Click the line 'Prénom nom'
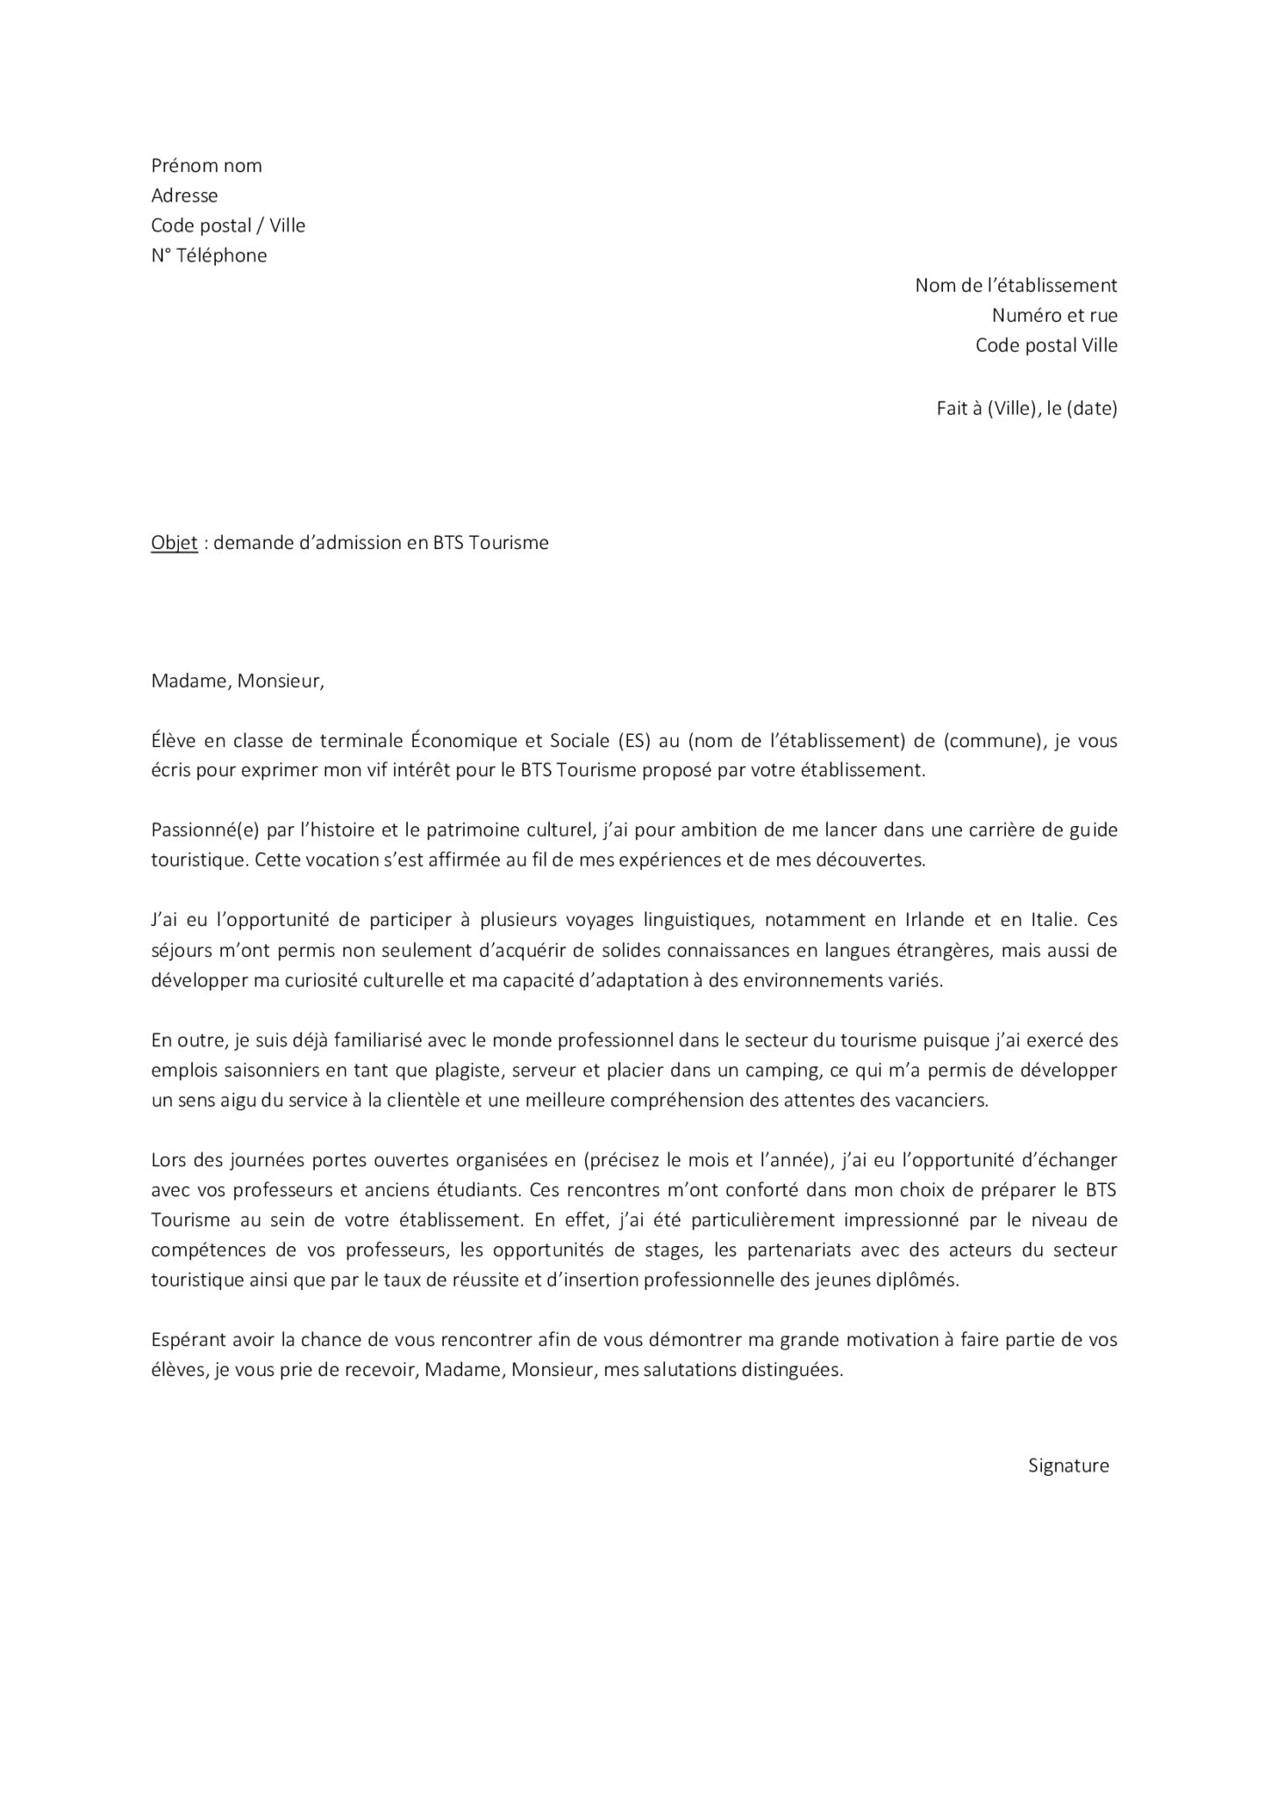[206, 166]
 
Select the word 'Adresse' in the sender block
[184, 196]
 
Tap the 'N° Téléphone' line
[209, 255]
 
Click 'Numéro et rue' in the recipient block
[1054, 315]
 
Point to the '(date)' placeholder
[1091, 408]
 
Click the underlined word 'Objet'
[174, 543]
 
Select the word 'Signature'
[1068, 1465]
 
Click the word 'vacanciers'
[943, 1101]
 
